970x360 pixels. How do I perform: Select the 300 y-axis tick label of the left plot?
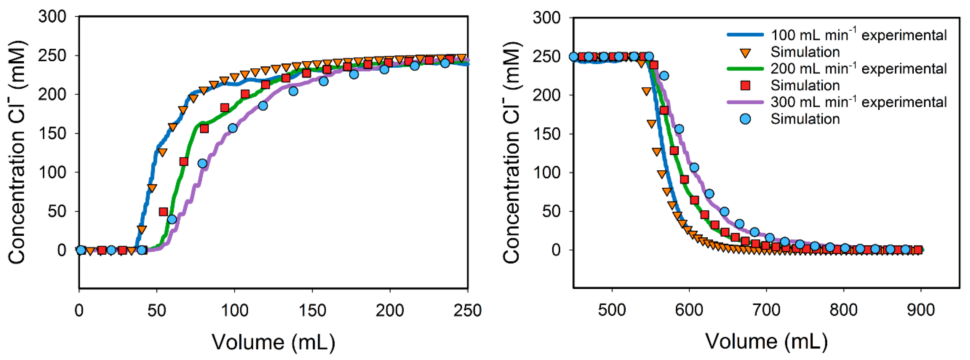click(52, 17)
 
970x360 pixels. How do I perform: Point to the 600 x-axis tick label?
click(689, 310)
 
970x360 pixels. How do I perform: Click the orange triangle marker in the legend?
click(745, 52)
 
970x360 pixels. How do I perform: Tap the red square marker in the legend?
click(745, 85)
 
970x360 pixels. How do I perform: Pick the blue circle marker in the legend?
click(745, 119)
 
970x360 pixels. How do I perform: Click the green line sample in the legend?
click(745, 69)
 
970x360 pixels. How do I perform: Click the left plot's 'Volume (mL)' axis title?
click(273, 342)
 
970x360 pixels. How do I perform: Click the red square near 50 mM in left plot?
click(163, 212)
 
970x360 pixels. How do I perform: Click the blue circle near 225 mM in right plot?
click(664, 76)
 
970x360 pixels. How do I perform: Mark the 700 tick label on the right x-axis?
click(766, 310)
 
